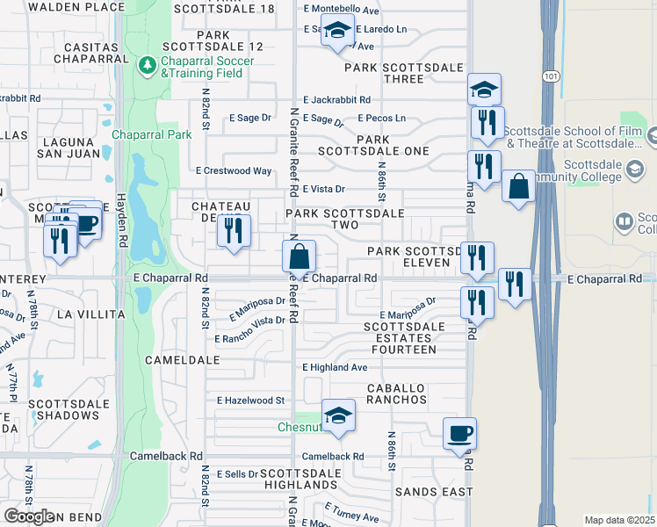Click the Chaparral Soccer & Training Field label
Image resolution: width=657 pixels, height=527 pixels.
[207, 67]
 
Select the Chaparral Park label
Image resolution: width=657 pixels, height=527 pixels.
[152, 134]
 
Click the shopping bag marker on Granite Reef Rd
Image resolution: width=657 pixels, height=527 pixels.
[299, 257]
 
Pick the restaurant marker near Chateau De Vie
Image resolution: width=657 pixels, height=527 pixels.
[234, 231]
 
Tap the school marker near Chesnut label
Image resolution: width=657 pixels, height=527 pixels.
[337, 416]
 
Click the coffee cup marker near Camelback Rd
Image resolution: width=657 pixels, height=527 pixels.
[459, 433]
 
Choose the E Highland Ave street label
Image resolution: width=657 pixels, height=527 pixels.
[335, 367]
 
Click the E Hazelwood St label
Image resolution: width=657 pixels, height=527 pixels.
[251, 400]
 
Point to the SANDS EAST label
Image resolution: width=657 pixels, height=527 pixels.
[433, 492]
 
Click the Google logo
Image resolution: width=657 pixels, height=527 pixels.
[30, 516]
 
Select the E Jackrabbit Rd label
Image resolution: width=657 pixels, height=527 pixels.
[336, 100]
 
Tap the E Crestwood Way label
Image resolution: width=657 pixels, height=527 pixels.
[234, 170]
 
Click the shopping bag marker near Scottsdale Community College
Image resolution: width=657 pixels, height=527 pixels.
[519, 186]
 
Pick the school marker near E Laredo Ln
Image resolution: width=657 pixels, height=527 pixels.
[337, 32]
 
